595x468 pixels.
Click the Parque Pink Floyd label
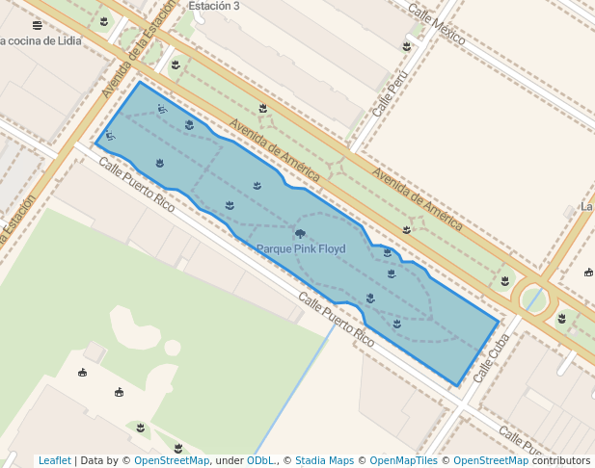[301, 248]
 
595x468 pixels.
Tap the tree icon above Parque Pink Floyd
[300, 234]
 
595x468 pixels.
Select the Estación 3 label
[214, 6]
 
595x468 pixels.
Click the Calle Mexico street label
[436, 25]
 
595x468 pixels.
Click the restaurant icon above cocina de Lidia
[37, 25]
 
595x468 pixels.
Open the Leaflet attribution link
[54, 461]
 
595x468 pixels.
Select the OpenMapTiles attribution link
[403, 461]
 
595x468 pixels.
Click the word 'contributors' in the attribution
[561, 461]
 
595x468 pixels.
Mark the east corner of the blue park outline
[499, 322]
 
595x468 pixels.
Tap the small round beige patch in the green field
[172, 348]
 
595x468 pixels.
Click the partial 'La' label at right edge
[586, 207]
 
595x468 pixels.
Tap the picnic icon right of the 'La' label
[588, 273]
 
